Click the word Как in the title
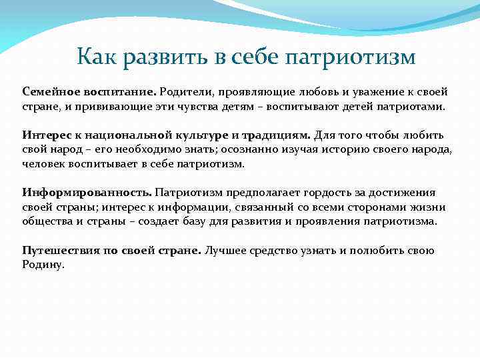95,57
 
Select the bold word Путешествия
54,251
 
